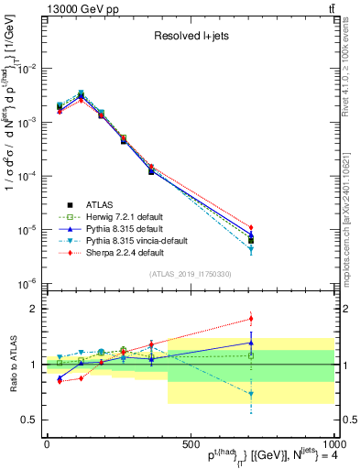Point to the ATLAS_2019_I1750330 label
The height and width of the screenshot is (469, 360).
[x=190, y=274]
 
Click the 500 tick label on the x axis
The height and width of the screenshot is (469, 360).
[x=190, y=443]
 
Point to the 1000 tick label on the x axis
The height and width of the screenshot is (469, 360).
[x=330, y=443]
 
